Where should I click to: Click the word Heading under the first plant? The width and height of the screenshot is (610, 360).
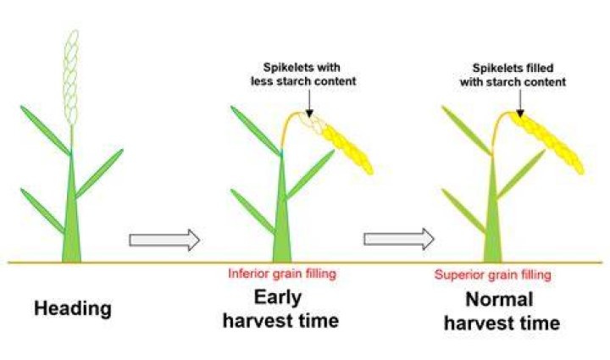point(73,309)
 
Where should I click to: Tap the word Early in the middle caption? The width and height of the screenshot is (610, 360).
point(278,298)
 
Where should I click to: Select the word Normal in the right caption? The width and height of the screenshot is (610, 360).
point(499,300)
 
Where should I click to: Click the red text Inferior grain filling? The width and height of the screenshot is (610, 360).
point(282,274)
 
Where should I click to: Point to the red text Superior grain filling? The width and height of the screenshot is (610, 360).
point(492,274)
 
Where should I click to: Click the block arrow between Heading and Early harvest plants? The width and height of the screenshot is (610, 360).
point(164,240)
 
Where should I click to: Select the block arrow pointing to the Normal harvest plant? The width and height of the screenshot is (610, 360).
point(399,239)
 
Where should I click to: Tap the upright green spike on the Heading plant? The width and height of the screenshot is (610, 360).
point(71,78)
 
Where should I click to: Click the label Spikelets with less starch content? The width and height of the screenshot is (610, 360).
point(303,75)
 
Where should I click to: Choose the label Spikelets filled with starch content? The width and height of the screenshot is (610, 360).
point(513,75)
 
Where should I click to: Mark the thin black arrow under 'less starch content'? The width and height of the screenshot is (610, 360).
point(309,103)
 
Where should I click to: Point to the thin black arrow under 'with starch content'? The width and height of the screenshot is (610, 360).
point(520,103)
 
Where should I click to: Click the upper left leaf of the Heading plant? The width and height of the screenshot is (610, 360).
point(46,130)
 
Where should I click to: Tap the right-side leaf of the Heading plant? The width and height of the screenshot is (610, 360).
point(99,174)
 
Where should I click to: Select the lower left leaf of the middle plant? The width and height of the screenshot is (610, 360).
point(252,212)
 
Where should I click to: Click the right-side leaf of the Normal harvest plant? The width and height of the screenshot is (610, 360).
point(521,174)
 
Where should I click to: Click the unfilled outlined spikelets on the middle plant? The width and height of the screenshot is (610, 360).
point(312,123)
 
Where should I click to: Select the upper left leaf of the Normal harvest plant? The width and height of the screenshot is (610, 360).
point(467,130)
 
